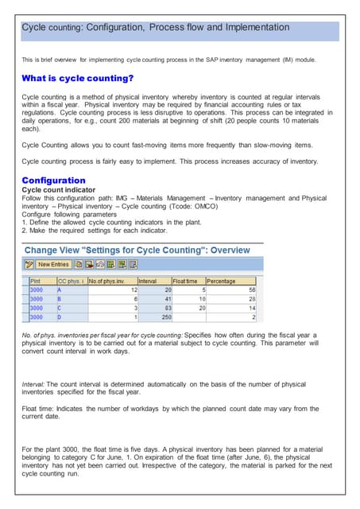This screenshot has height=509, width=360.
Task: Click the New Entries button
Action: (x=54, y=264)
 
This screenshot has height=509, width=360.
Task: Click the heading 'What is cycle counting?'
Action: (x=77, y=78)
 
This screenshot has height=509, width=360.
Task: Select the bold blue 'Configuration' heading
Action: (x=53, y=181)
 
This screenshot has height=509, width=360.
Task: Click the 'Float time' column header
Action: (x=186, y=281)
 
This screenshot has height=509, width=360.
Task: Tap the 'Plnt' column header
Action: (x=36, y=281)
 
